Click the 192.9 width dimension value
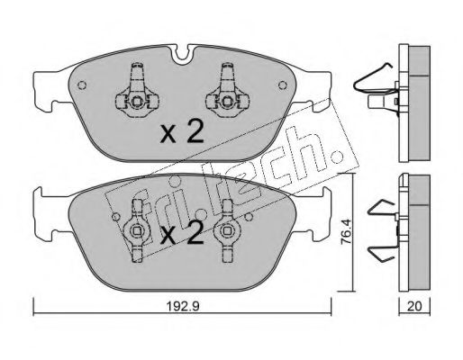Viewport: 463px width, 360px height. (183, 306)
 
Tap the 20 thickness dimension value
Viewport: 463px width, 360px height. (414, 306)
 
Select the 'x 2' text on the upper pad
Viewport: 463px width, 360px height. (182, 131)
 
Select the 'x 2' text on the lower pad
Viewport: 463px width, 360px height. (182, 233)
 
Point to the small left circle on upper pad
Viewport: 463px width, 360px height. (82, 85)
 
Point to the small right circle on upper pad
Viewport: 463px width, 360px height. (282, 85)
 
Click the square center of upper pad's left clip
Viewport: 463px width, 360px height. (137, 102)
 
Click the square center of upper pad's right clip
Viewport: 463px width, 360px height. (227, 102)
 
